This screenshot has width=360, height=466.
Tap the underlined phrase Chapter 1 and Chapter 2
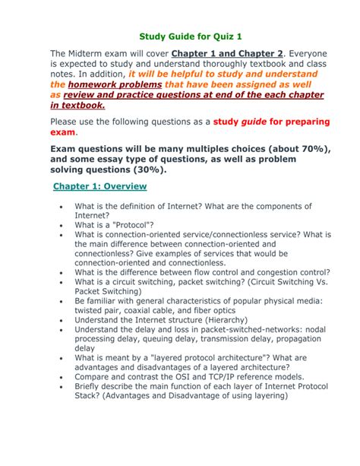pyautogui.click(x=228, y=53)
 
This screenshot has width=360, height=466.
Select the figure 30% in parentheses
pyautogui.click(x=190, y=170)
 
